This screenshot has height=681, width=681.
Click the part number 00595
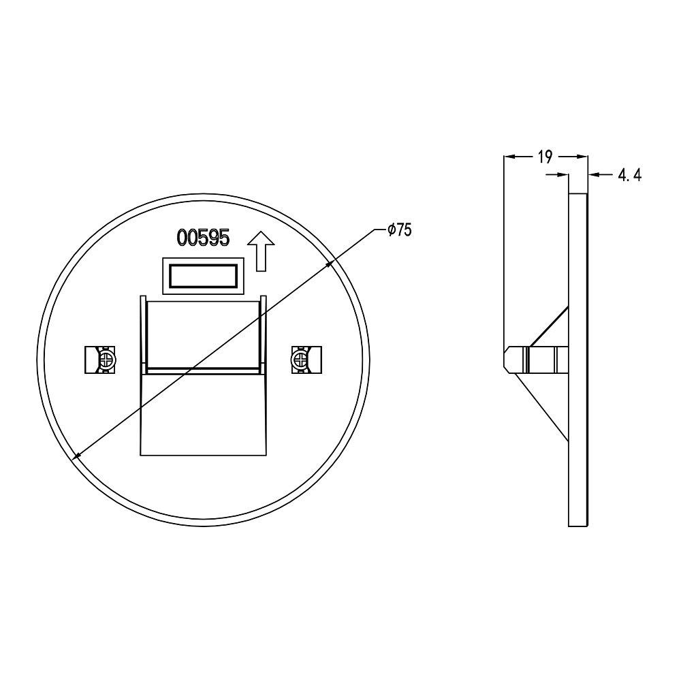tap(203, 238)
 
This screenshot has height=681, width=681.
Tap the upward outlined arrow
tap(261, 251)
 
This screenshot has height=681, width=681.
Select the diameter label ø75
tap(400, 229)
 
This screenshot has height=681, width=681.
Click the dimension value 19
tap(545, 157)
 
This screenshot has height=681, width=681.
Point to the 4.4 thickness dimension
tap(629, 175)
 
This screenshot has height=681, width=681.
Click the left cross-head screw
tap(106, 360)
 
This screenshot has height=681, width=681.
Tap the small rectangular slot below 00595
tap(203, 276)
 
